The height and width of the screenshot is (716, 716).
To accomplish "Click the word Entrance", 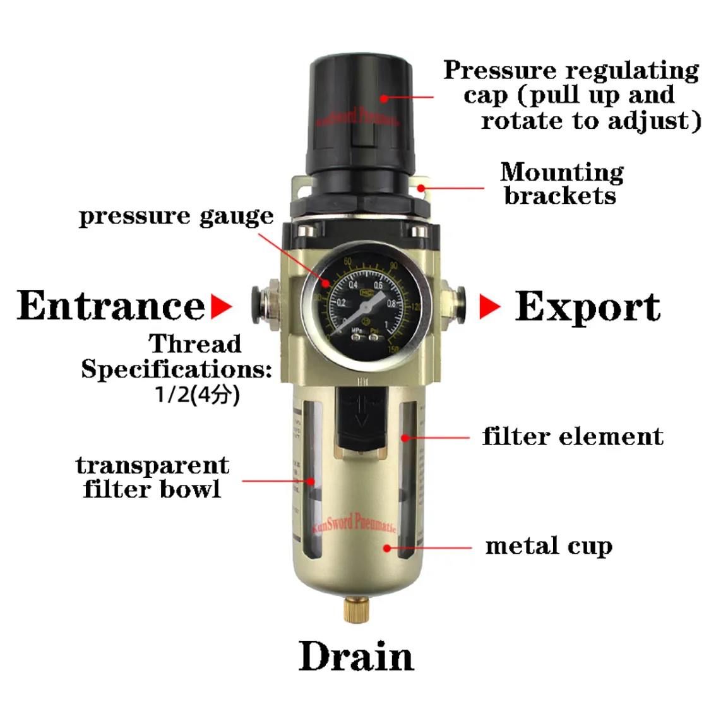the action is (112, 306).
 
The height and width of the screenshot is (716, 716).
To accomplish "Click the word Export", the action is (587, 307).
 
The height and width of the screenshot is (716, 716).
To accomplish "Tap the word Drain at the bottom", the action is (356, 657).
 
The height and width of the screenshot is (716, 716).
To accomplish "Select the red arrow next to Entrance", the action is (220, 307).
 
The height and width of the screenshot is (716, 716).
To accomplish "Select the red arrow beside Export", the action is (489, 307).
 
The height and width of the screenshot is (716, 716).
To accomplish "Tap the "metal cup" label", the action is (549, 546).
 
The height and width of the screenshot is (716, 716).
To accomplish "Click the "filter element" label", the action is (573, 436).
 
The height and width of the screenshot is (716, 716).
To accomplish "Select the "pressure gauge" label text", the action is (176, 216).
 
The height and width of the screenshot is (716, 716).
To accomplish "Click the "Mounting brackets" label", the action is (561, 184).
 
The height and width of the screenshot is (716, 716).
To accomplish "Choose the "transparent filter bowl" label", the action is (152, 477).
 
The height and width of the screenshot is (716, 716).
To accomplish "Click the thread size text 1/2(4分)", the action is (197, 395).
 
